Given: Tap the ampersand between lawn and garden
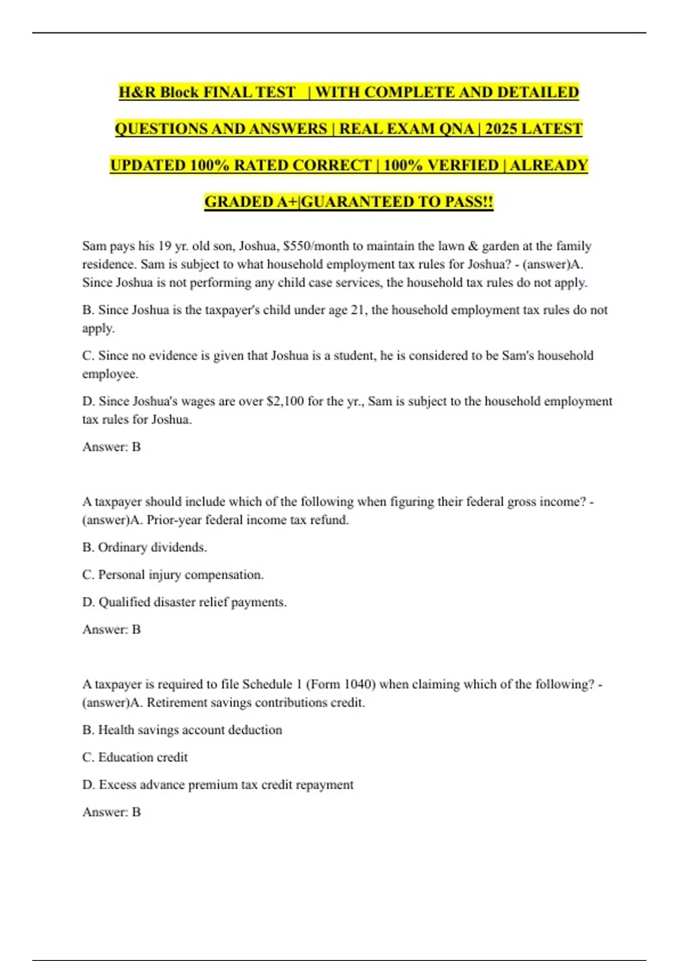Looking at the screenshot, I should coord(474,246).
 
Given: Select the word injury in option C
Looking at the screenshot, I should coord(165,575).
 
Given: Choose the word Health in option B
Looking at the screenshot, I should coord(116,730).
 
